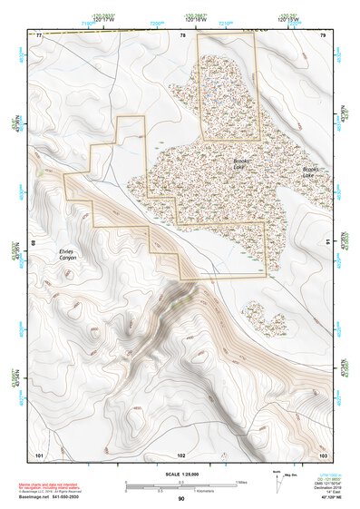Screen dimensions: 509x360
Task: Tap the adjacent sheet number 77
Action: [40, 34]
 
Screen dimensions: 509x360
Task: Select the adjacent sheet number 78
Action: [182, 34]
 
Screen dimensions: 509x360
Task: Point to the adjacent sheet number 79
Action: [322, 34]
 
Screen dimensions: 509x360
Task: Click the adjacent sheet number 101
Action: [39, 453]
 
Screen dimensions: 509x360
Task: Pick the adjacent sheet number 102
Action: [181, 453]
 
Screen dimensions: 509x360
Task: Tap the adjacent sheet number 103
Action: [322, 453]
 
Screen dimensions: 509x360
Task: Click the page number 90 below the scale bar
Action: [181, 499]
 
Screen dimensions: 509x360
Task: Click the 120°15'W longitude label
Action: [288, 17]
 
